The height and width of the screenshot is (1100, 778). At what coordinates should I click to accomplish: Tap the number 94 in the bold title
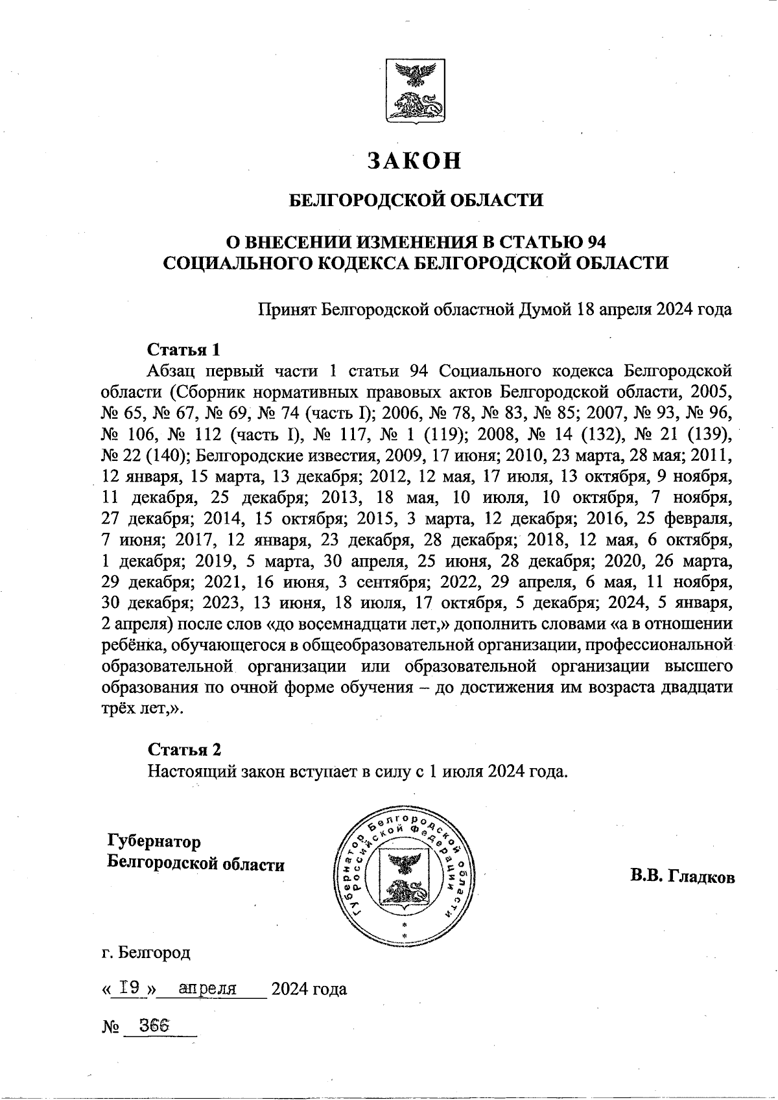tap(595, 242)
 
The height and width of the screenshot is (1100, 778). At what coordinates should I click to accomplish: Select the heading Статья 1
tap(184, 350)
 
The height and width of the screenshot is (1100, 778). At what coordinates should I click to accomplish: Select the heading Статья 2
tap(185, 749)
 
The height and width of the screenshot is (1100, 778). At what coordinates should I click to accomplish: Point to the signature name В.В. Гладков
tap(681, 878)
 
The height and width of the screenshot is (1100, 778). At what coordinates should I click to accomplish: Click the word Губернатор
tap(154, 841)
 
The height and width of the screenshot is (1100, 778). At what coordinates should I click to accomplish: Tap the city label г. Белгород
tap(147, 952)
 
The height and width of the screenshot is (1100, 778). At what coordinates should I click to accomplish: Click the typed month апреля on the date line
tap(207, 988)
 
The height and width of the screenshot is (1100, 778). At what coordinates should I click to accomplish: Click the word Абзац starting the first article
tap(171, 371)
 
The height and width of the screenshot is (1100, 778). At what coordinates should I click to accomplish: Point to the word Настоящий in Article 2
tap(191, 771)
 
